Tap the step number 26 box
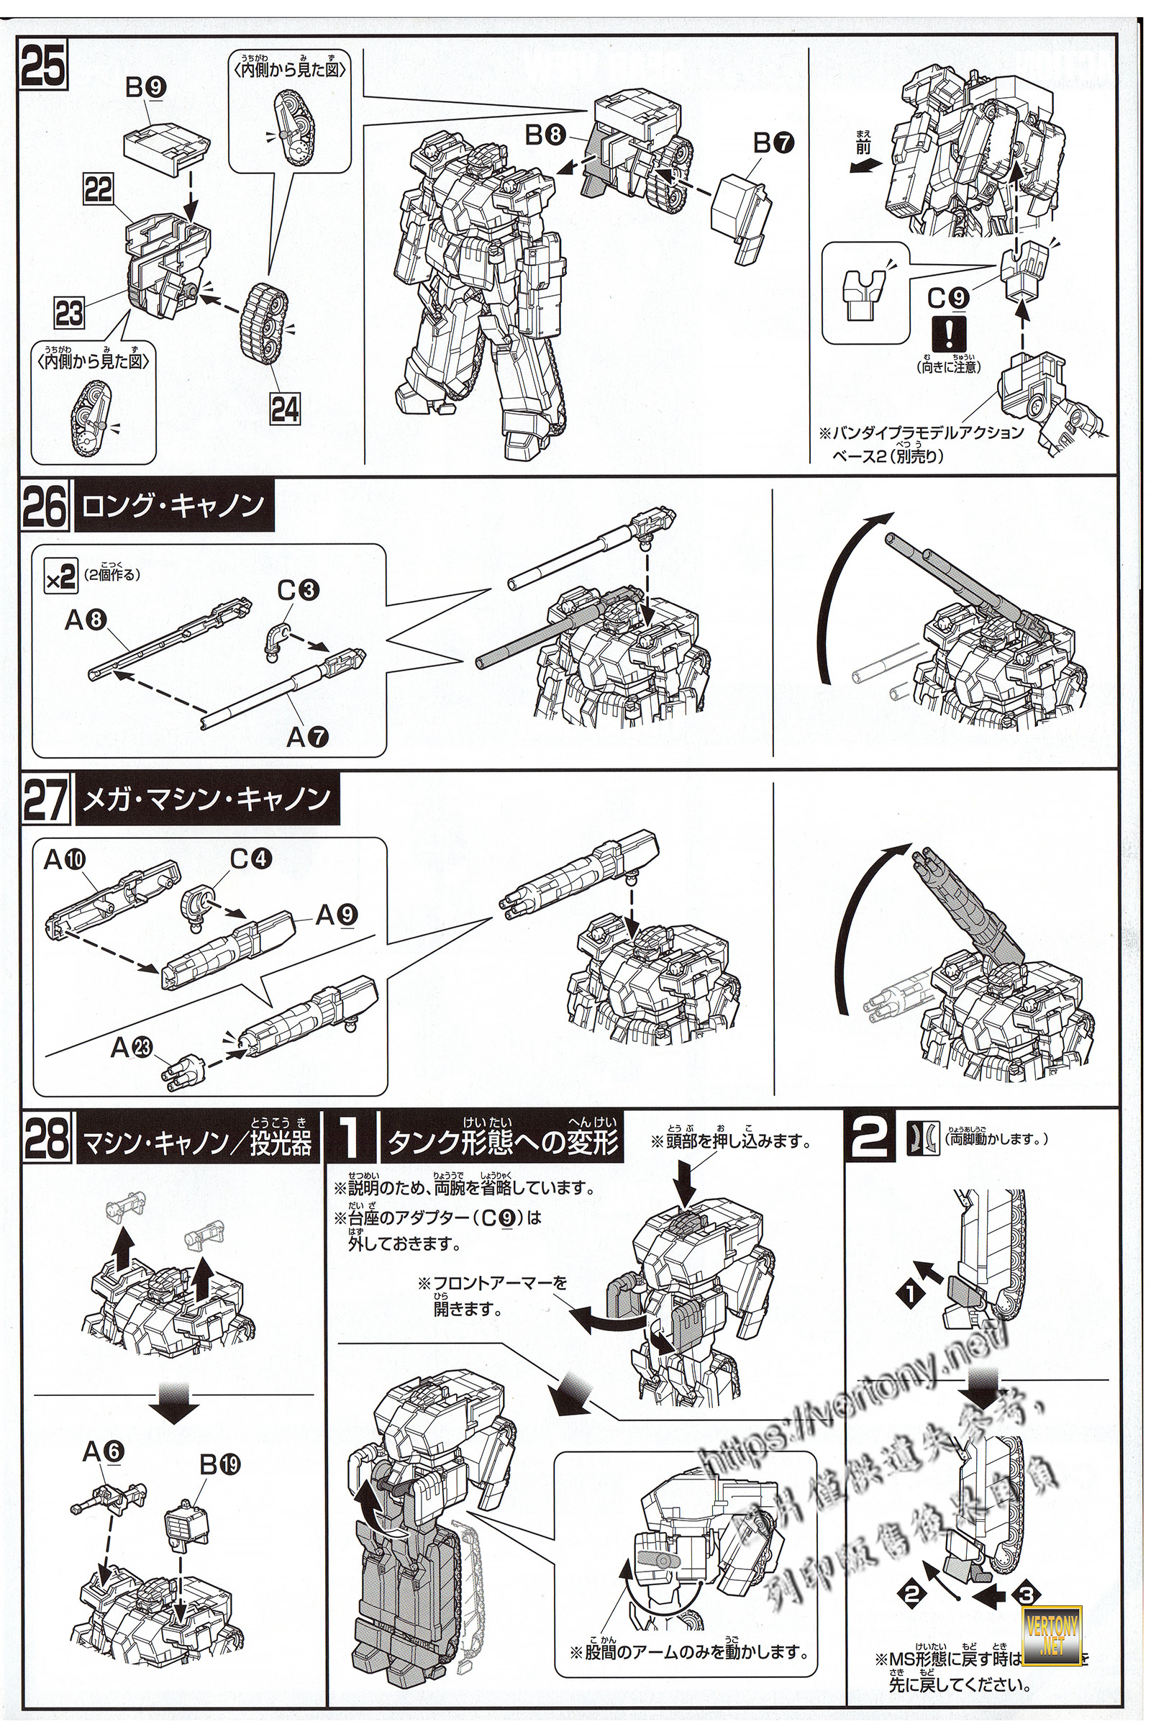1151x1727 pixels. pos(45,506)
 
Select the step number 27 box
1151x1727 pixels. pos(45,797)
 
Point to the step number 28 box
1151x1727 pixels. pos(45,1137)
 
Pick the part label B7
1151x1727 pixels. pos(775,144)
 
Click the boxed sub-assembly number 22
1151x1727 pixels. pos(99,191)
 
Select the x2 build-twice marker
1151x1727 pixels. pos(60,579)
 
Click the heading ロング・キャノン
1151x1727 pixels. pos(174,507)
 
